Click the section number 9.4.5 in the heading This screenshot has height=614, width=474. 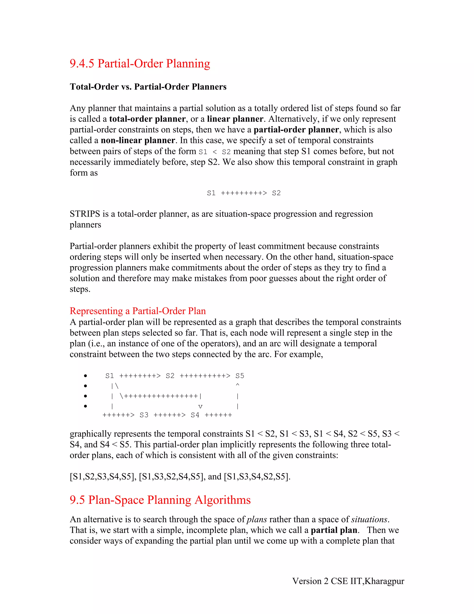click(x=82, y=63)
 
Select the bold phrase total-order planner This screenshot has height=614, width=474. click(x=147, y=119)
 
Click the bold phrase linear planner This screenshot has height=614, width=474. click(x=235, y=119)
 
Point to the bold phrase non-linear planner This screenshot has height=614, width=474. click(x=138, y=140)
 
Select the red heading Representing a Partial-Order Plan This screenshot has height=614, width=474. click(x=138, y=311)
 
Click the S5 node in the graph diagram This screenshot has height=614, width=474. click(x=240, y=376)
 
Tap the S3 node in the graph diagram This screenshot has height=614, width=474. click(x=144, y=415)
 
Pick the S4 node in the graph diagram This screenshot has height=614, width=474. click(x=195, y=415)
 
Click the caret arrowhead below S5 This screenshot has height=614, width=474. click(x=237, y=385)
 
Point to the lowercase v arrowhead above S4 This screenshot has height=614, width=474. click(x=200, y=407)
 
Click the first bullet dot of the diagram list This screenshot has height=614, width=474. click(x=85, y=376)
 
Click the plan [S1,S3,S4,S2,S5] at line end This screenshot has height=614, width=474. click(x=257, y=477)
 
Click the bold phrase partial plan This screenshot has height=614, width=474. click(x=334, y=530)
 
